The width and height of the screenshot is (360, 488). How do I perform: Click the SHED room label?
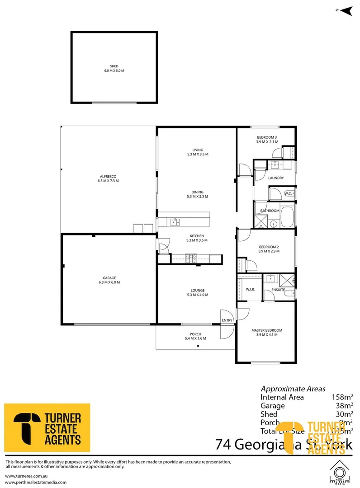point(114,66)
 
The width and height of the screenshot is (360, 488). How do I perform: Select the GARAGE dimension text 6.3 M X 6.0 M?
point(109,282)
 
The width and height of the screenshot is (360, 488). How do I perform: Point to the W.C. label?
point(288,194)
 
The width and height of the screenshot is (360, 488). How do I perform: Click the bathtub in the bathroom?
point(288,217)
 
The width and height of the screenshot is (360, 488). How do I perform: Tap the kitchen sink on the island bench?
point(175,221)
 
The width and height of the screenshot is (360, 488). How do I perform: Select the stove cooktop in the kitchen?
point(190,258)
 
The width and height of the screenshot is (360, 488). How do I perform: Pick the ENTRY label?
point(227,320)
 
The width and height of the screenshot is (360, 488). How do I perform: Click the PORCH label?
point(195,334)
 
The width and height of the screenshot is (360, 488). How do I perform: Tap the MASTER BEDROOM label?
point(267,330)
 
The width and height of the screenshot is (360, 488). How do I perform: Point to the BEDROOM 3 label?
point(267,137)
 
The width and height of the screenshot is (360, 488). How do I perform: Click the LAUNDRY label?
point(276,178)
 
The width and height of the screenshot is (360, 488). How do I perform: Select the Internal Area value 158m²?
point(342,397)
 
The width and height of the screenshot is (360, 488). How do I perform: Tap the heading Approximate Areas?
point(293,389)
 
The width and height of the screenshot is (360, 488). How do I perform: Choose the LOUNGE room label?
point(197,291)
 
